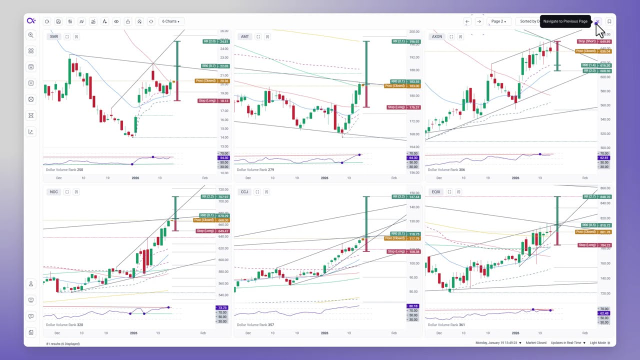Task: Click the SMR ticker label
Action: point(54,36)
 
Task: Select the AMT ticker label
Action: point(245,36)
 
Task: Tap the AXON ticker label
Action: point(437,36)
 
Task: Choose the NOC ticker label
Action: point(54,192)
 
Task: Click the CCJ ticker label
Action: point(244,192)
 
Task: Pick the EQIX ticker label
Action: point(436,192)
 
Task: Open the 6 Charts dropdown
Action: point(170,21)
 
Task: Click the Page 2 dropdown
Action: point(498,21)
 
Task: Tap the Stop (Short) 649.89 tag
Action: point(594,41)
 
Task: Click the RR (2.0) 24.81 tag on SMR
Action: point(216,41)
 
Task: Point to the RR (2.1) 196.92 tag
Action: point(405,41)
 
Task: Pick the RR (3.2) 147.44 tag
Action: point(406,196)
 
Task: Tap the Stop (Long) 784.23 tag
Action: point(594,245)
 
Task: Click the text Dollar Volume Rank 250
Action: point(64,170)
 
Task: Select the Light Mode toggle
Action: point(600,343)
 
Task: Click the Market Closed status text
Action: point(536,343)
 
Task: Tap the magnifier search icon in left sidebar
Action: point(31,35)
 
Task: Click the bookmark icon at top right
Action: point(609,21)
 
